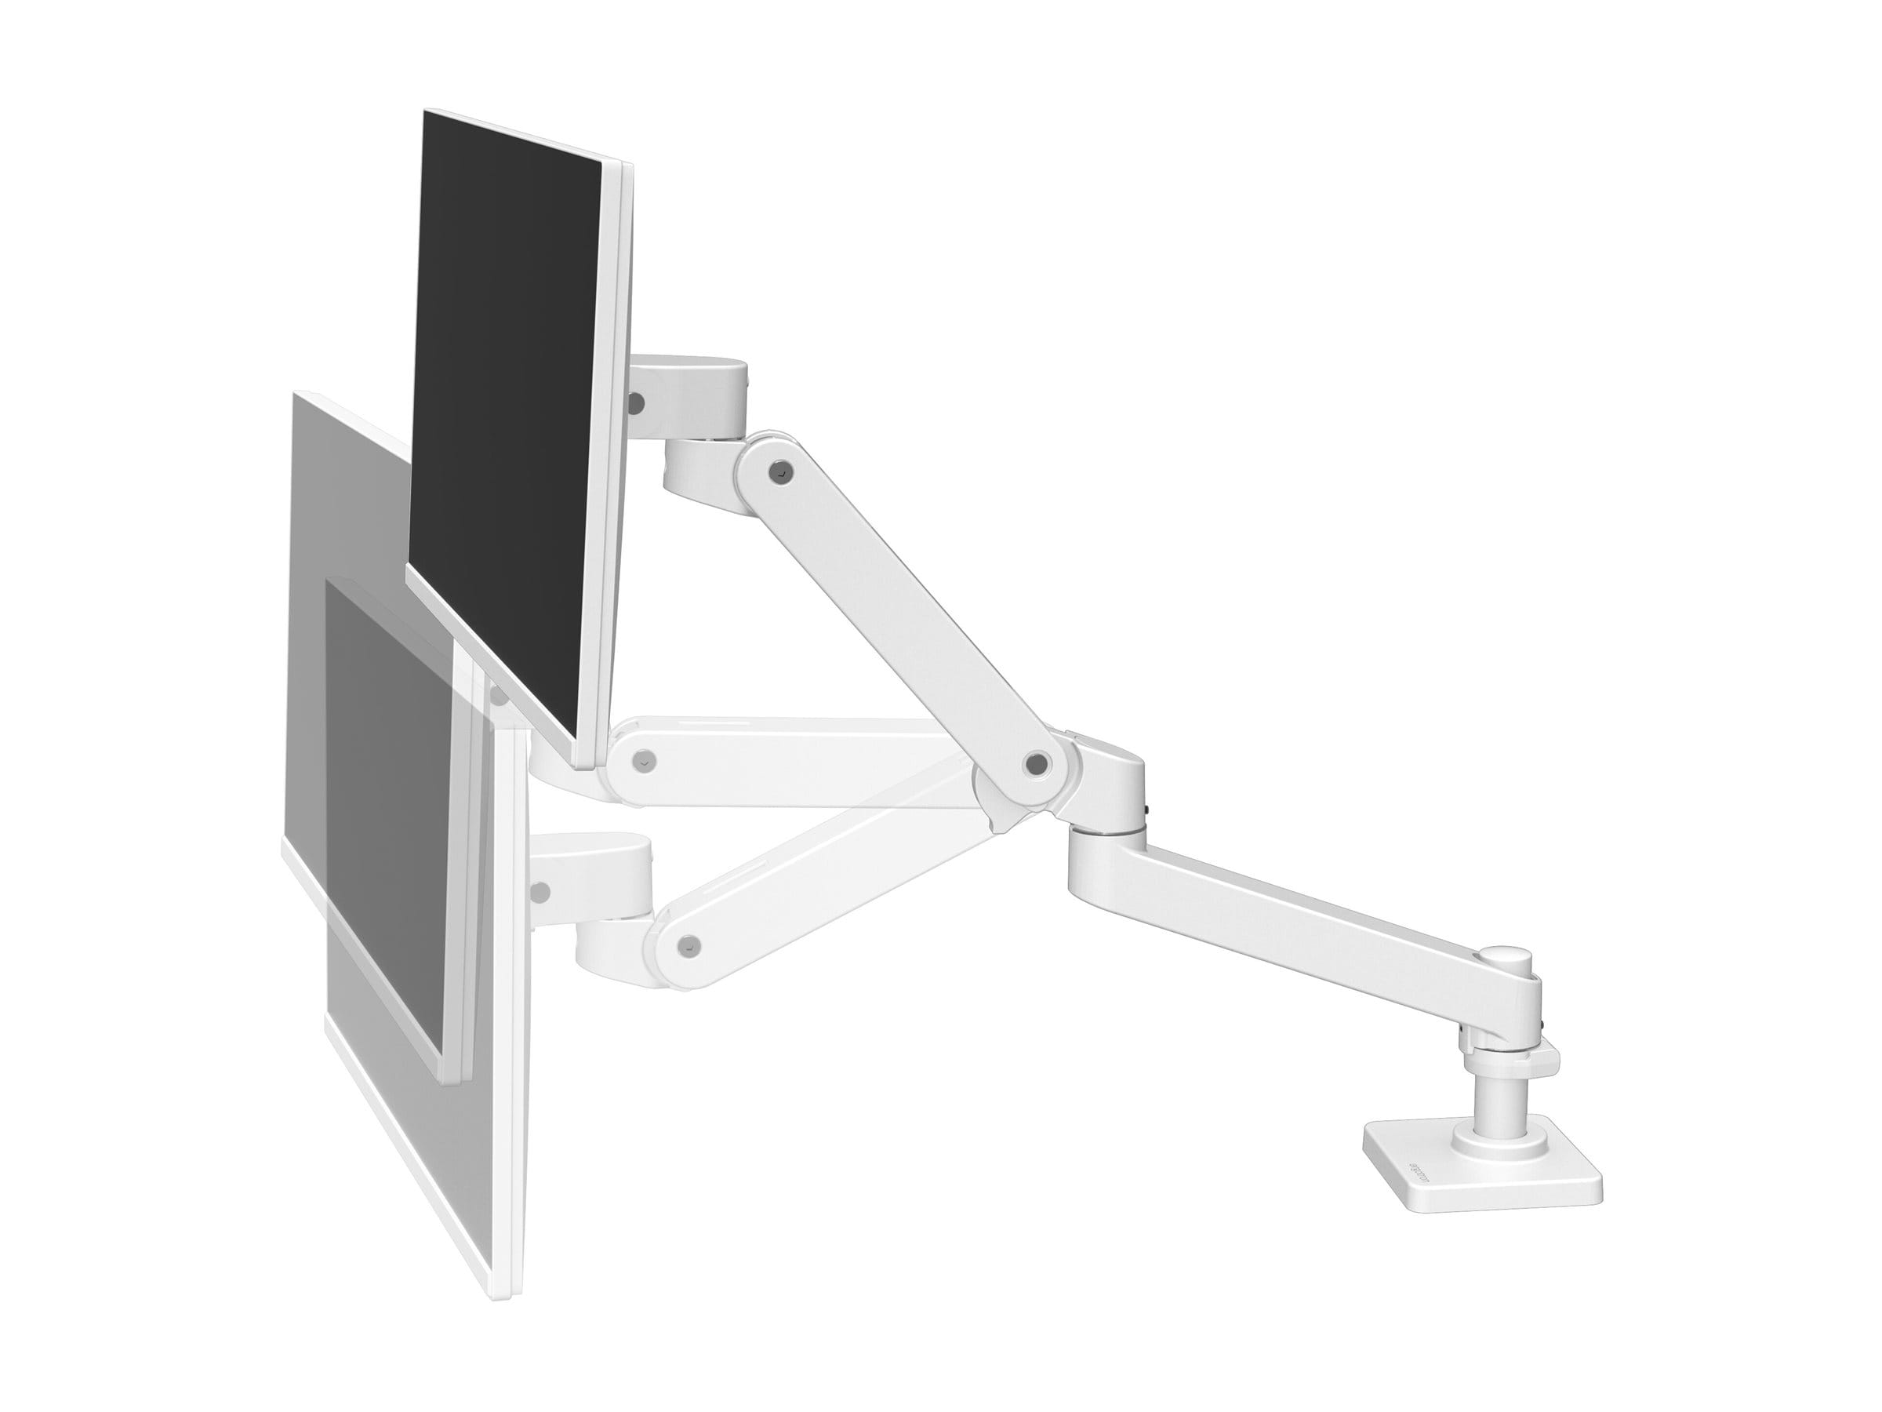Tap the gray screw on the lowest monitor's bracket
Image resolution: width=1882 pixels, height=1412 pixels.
point(538,892)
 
